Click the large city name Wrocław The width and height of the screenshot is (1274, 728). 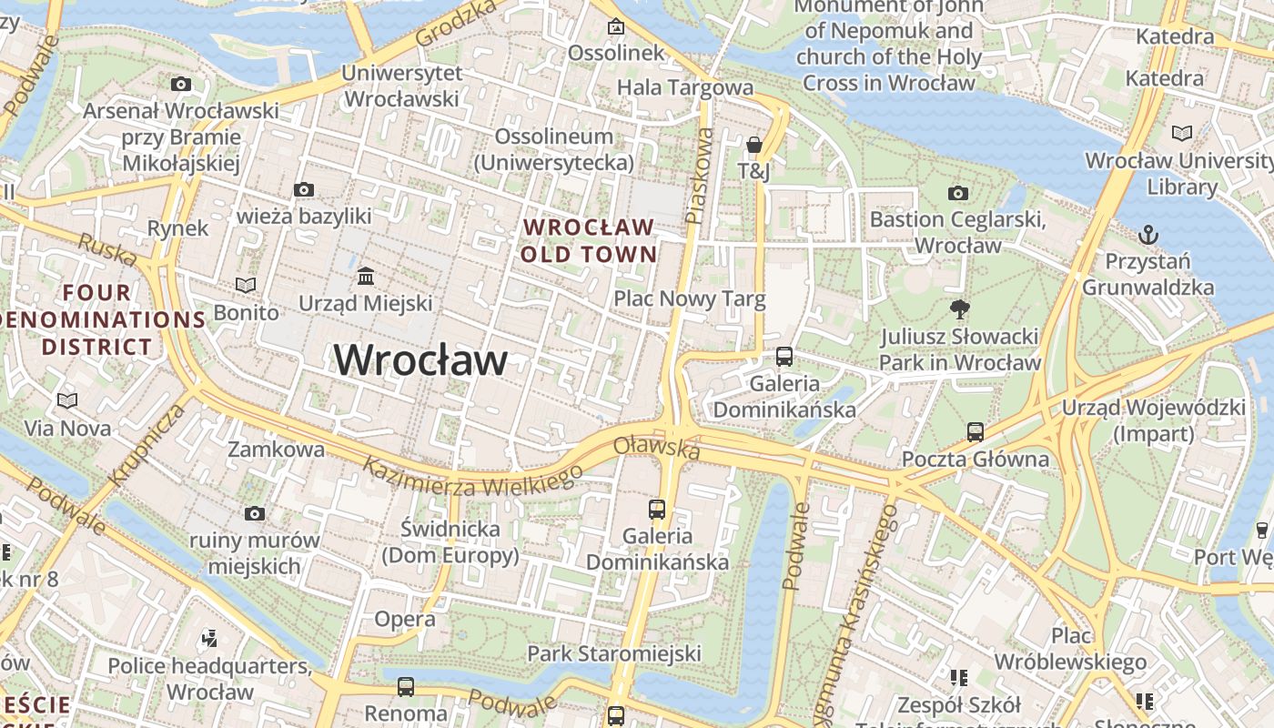point(420,360)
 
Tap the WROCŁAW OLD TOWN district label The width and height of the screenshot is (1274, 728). point(589,240)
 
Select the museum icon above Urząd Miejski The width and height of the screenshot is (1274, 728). point(366,276)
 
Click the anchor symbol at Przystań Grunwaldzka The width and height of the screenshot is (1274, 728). point(1148,235)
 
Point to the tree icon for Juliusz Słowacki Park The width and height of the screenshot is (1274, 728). point(959,309)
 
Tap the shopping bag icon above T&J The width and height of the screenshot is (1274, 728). point(753,145)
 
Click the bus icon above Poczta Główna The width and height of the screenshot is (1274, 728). point(976,431)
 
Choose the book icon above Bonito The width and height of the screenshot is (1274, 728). point(246,286)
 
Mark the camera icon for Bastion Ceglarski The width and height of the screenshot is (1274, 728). point(957,193)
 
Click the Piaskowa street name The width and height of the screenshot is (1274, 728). point(699,176)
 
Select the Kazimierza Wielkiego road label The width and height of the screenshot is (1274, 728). point(472,477)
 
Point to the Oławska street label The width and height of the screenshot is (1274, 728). point(657,448)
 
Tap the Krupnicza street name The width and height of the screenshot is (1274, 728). point(146,444)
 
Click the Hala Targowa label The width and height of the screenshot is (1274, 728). point(685,87)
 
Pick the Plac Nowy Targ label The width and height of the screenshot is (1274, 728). point(689,298)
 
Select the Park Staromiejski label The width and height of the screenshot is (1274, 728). point(614,653)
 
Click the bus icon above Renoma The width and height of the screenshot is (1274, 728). point(406,686)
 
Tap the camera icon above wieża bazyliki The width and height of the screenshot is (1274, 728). point(304,189)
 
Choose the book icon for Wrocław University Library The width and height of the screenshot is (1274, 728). point(1181,134)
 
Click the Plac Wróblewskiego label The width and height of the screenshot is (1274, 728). point(1069,648)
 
